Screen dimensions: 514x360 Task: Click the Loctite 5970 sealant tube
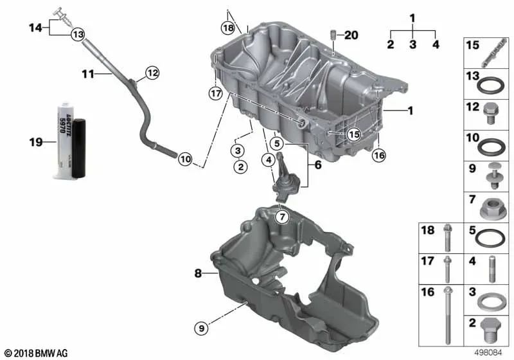point(70,141)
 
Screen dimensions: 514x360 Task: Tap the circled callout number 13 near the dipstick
point(78,34)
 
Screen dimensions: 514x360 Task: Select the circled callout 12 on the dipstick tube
point(152,73)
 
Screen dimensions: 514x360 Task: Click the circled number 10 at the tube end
point(185,159)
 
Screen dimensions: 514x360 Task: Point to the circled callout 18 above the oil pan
point(228,28)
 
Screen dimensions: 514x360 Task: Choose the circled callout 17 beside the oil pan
point(216,94)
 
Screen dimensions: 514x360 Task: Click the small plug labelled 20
point(333,35)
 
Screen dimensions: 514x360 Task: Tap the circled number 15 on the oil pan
point(354,134)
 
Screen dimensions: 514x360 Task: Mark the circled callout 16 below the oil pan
point(379,155)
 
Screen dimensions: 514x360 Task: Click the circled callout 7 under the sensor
point(282,217)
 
